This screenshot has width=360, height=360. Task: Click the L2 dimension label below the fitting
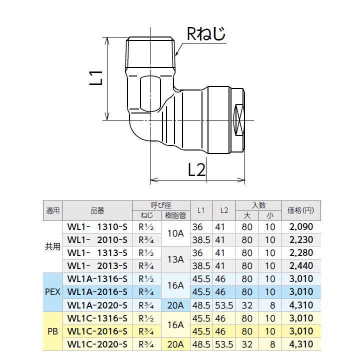pyautogui.click(x=197, y=170)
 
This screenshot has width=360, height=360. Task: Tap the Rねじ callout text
pyautogui.click(x=205, y=34)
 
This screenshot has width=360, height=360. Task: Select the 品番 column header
pyautogui.click(x=97, y=210)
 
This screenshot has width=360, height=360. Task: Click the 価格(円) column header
pyautogui.click(x=300, y=210)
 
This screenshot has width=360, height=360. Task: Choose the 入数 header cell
pyautogui.click(x=258, y=205)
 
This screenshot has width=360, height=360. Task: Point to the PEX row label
pyautogui.click(x=52, y=292)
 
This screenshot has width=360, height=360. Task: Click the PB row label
pyautogui.click(x=52, y=331)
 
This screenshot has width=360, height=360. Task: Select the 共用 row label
pyautogui.click(x=52, y=246)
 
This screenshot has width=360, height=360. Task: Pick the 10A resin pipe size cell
pyautogui.click(x=175, y=233)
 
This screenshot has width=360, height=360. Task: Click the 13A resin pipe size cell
pyautogui.click(x=175, y=259)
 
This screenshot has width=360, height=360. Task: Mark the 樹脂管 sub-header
pyautogui.click(x=175, y=215)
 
